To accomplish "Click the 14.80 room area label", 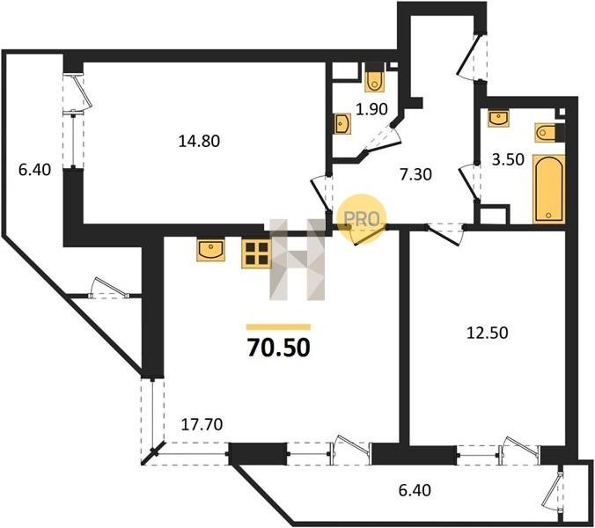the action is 199,141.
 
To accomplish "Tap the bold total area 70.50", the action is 278,348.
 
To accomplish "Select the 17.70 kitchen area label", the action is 202,424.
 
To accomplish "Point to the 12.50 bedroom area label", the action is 488,333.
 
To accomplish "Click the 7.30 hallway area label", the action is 416,174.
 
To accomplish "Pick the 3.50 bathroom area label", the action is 508,159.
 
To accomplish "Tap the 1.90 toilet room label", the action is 371,109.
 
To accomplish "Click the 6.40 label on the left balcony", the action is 34,170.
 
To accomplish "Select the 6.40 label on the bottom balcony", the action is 415,490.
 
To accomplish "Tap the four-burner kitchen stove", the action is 257,253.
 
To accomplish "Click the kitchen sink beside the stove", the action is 210,250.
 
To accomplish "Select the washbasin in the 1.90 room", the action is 343,124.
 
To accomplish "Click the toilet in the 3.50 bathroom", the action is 549,132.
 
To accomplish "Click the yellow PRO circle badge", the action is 361,218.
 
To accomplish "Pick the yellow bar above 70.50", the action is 278,327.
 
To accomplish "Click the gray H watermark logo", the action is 297,260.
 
